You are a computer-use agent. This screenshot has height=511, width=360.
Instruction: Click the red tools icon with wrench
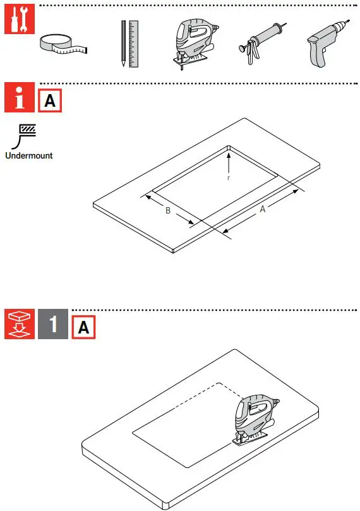pos(16,22)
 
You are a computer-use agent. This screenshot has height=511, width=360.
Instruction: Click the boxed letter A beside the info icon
pos(50,101)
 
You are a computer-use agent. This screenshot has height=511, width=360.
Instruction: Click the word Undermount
pos(29,155)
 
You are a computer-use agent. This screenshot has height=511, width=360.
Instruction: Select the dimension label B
pos(168,210)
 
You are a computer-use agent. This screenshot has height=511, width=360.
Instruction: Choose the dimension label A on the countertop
pos(263,210)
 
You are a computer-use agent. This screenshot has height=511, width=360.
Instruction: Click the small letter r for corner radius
pos(229,177)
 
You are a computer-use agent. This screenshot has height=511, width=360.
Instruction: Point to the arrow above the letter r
pos(229,161)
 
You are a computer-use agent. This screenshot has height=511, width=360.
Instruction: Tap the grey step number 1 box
pos(53,325)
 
